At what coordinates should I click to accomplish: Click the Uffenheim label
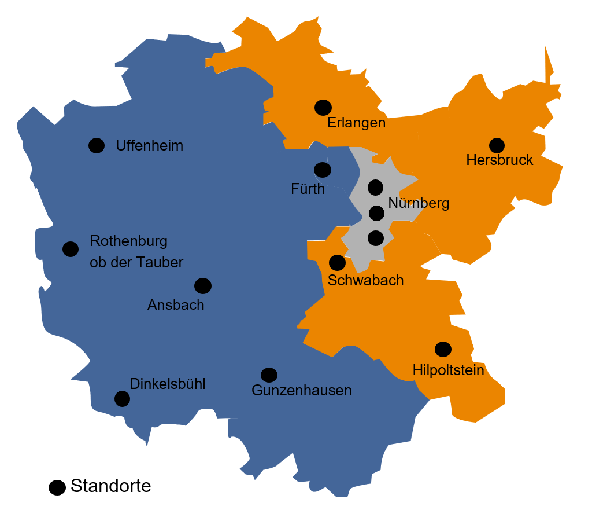pos(149,145)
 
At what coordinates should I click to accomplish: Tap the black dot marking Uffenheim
pos(97,145)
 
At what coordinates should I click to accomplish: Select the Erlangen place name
pos(356,123)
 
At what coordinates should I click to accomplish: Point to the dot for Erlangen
pos(323,107)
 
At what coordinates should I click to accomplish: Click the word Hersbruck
pos(499,160)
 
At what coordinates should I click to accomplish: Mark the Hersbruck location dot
pos(497,145)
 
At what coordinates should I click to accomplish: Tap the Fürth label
pos(308,189)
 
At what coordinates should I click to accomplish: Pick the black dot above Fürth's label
pos(323,170)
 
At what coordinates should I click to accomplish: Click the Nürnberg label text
pos(419,203)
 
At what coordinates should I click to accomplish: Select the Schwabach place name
pos(365,281)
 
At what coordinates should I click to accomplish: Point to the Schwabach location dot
pos(337,263)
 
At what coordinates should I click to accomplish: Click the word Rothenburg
pos(128,241)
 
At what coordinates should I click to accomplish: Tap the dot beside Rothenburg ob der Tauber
pos(71,249)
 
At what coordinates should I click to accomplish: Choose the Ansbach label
pos(176,305)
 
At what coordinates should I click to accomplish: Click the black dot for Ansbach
pos(203,285)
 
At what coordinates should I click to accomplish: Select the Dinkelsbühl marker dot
pos(122,398)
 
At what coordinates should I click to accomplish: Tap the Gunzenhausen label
pos(302,390)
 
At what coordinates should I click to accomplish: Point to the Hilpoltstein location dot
pos(443,349)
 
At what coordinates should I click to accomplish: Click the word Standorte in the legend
pos(110,486)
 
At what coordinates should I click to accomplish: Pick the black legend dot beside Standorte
pos(57,488)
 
